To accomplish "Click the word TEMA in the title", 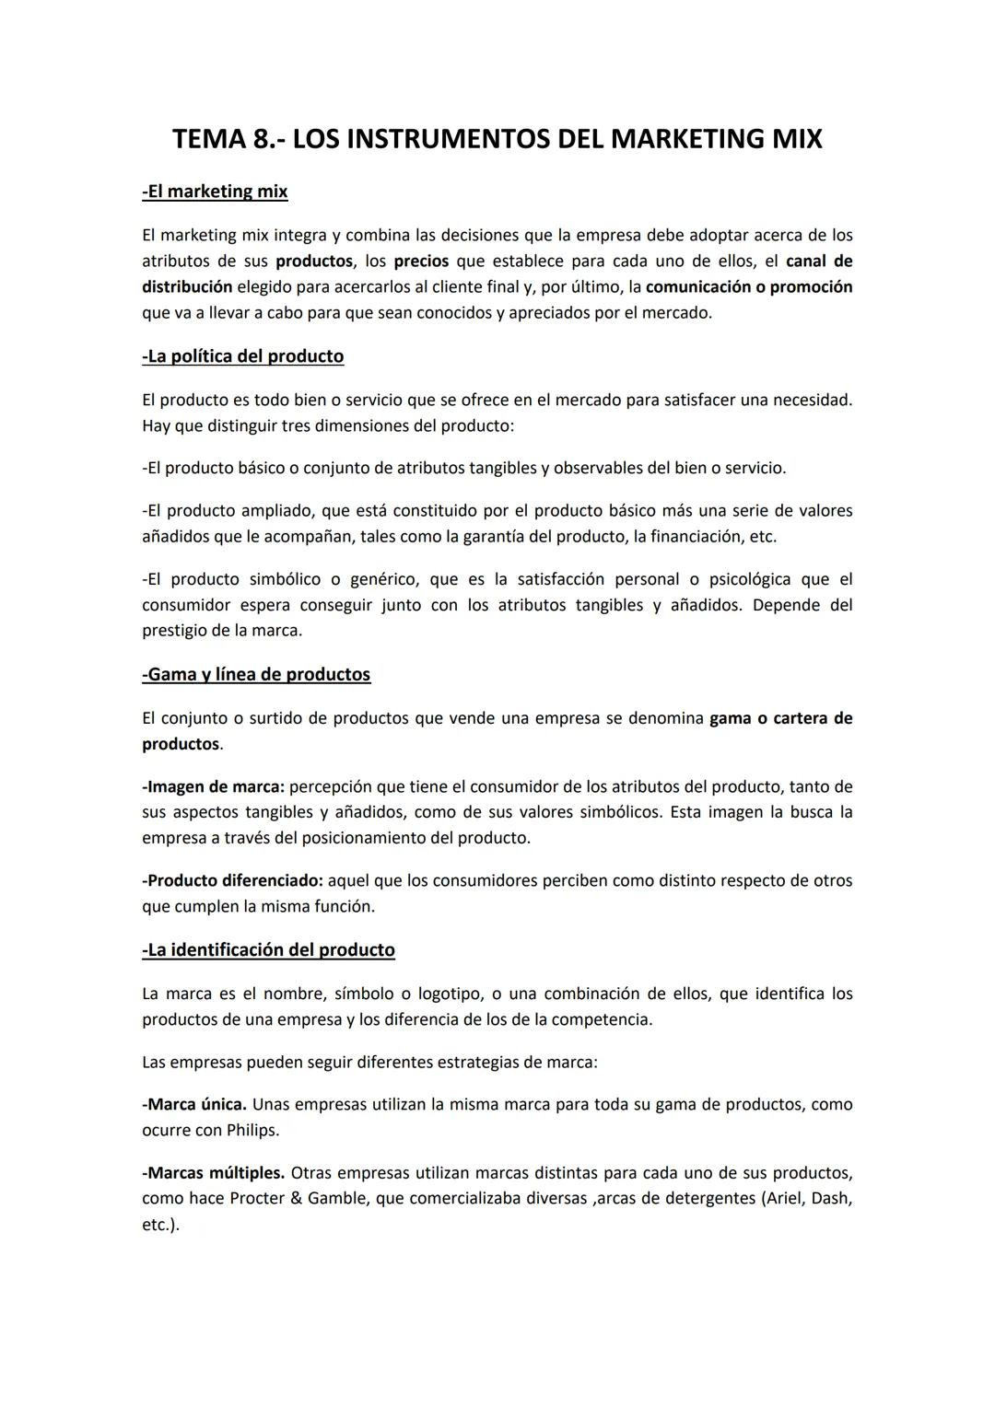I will (210, 139).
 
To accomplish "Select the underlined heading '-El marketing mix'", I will (215, 192).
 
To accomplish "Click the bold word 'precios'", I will (421, 261).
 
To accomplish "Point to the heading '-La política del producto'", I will (243, 356).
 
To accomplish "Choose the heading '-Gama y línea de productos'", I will (256, 674).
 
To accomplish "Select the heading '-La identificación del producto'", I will (268, 950).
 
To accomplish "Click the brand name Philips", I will (252, 1130).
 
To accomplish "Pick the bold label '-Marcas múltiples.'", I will (213, 1173).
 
